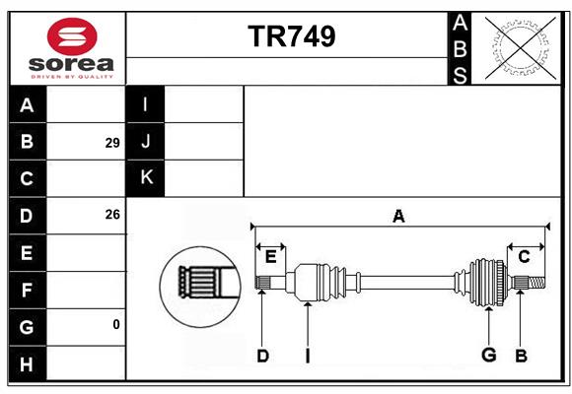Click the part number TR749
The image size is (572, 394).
[292, 36]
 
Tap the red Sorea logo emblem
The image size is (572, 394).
[72, 36]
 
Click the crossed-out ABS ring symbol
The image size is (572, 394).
[521, 48]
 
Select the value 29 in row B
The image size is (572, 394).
[112, 143]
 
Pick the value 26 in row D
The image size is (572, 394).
[112, 215]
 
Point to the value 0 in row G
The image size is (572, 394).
[116, 324]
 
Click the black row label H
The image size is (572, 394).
[28, 364]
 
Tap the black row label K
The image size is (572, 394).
[145, 178]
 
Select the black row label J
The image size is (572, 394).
[145, 141]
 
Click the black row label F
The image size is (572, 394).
[28, 291]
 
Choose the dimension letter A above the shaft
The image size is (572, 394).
[398, 216]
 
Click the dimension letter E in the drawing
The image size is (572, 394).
[270, 257]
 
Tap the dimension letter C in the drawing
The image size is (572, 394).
[524, 257]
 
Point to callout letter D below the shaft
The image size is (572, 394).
[262, 356]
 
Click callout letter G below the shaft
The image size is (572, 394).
[488, 355]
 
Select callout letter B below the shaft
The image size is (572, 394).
[521, 356]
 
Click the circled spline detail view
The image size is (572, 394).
[200, 287]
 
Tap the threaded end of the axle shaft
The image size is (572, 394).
[536, 283]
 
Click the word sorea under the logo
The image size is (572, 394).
[71, 64]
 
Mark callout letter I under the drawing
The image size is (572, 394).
[308, 356]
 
